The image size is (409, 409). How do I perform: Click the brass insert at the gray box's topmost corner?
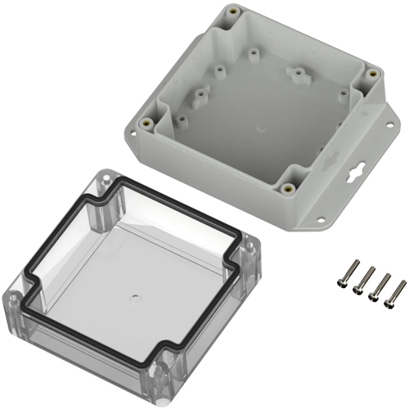coord(234,13)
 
